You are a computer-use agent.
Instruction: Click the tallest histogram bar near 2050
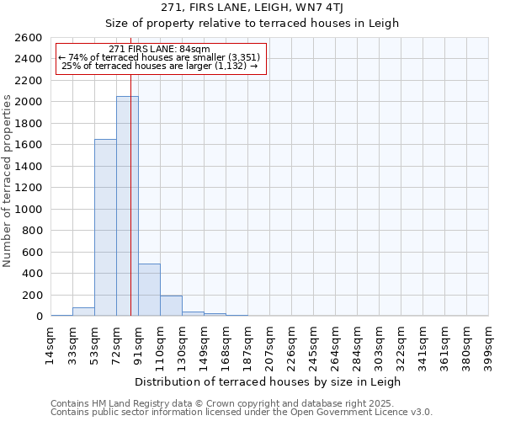pos(127,206)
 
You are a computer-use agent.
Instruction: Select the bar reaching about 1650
pos(105,227)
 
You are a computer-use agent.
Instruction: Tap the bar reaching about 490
pos(149,290)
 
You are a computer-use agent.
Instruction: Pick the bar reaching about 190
pos(171,306)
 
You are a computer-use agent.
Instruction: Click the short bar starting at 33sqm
pos(83,312)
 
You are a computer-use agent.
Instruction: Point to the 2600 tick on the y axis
pos(29,38)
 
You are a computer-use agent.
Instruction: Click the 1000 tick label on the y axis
pos(29,209)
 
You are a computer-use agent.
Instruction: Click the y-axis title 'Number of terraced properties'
pos(8,181)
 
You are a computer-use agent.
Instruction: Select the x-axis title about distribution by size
pos(268,381)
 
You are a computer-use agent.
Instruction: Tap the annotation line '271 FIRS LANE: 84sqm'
pos(160,49)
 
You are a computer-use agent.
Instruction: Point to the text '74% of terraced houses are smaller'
pos(160,57)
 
